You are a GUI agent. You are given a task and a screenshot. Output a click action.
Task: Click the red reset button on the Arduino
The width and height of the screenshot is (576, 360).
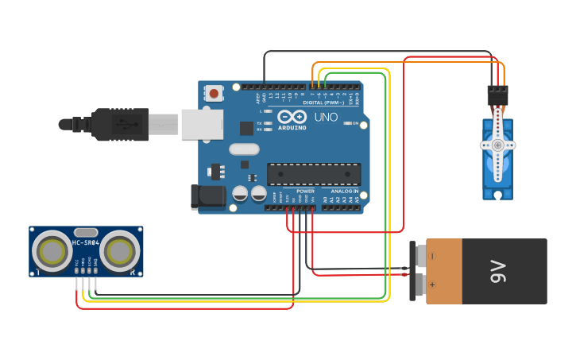(215, 93)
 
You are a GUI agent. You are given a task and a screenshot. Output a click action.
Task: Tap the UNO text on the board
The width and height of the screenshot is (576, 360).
(326, 117)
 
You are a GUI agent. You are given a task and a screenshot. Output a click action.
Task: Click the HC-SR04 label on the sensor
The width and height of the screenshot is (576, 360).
(86, 242)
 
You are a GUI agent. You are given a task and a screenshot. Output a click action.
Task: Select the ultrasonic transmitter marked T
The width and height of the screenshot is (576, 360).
(52, 252)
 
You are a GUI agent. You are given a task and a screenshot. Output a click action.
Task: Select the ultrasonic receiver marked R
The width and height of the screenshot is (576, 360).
(120, 252)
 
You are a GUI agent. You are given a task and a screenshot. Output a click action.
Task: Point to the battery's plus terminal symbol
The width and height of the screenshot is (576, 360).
(432, 284)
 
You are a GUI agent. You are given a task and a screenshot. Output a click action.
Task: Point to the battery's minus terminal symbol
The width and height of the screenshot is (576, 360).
(432, 256)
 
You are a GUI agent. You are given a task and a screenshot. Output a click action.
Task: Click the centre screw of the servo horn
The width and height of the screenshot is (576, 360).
(498, 145)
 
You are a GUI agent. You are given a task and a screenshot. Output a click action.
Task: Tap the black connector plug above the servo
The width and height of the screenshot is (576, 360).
(498, 95)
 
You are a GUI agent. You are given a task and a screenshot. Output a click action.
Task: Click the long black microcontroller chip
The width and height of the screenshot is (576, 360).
(314, 174)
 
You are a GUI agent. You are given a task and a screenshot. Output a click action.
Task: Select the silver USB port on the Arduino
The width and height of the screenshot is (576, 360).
(202, 125)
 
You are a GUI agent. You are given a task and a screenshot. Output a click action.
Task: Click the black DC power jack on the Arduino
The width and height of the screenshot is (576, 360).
(207, 197)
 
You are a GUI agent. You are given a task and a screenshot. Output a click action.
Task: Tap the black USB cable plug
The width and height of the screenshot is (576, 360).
(119, 125)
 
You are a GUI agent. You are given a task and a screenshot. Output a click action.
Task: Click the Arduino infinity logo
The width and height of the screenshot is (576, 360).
(292, 117)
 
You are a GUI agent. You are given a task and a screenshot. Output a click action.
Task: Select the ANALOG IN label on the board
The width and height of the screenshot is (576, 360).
(344, 192)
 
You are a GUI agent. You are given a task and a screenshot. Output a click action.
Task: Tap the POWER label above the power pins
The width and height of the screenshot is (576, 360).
(305, 192)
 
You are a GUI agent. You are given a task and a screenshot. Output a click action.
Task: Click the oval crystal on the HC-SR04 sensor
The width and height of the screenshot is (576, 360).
(86, 232)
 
